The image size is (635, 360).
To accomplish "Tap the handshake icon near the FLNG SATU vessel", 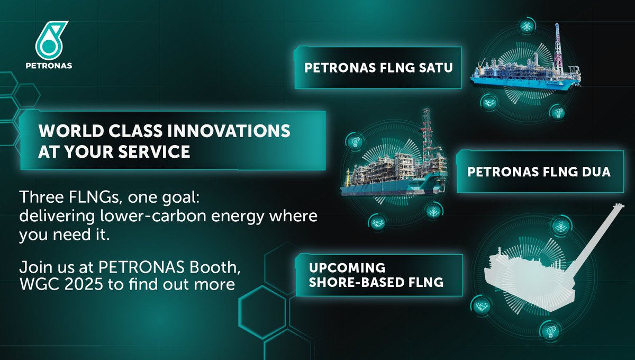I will pos(488,101).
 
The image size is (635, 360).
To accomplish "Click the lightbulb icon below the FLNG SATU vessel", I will pos(557,112).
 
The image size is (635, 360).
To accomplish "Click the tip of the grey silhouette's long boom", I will pos(617,206).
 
